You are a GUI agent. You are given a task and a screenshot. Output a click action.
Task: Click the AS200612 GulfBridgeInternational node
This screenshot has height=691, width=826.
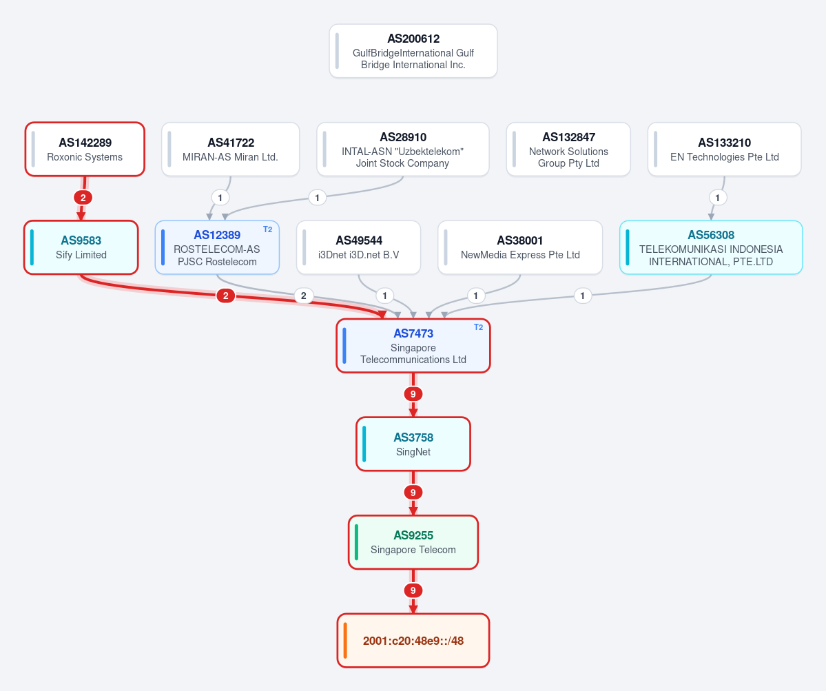(413, 51)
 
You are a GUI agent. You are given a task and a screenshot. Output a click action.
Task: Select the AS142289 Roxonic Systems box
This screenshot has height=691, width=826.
(85, 149)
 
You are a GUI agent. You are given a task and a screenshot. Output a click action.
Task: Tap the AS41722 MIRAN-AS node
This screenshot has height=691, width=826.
(230, 149)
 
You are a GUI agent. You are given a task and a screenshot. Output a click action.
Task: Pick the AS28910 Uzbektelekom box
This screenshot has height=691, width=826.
(402, 149)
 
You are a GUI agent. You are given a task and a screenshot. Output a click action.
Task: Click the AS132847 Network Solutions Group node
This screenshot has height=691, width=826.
(568, 149)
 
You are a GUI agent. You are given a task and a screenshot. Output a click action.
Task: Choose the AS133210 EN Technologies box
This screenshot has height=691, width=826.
(724, 149)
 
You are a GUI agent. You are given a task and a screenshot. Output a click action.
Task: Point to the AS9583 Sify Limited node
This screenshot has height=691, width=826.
(81, 247)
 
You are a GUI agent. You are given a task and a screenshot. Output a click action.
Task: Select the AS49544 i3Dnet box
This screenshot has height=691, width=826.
(358, 247)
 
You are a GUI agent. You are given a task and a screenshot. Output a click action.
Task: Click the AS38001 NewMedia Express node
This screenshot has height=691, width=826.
(520, 247)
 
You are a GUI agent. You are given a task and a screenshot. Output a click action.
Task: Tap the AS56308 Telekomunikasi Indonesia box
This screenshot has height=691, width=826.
(711, 247)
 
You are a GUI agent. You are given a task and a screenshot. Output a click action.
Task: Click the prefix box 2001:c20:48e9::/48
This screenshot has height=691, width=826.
(413, 641)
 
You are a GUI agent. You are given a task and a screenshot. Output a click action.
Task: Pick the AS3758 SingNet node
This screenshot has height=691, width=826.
(413, 444)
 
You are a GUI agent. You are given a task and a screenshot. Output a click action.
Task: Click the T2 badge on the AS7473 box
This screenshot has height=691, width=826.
(478, 327)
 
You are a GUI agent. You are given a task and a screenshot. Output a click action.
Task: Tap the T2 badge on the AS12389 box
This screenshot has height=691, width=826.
(267, 229)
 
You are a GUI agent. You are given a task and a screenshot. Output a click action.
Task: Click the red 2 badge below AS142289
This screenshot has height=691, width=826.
(83, 198)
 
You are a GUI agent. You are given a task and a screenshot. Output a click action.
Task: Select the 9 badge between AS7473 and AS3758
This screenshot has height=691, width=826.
(413, 394)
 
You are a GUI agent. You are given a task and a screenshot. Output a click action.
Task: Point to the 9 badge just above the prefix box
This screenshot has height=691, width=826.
(413, 590)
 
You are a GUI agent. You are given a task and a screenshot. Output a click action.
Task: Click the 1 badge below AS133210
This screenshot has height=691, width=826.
(717, 198)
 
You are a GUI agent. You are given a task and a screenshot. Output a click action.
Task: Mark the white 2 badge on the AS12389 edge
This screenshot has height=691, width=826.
(303, 296)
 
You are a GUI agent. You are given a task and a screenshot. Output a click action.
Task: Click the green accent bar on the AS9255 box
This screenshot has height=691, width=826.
(357, 542)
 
